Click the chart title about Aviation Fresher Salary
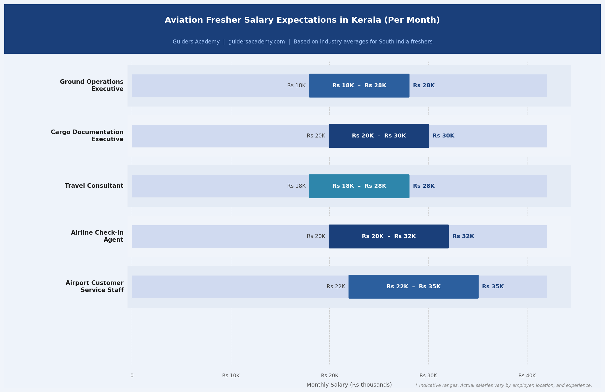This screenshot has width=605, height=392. tap(302, 20)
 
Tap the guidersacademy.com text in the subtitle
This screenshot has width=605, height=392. tap(256, 42)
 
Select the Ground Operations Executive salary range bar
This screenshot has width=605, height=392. tap(359, 86)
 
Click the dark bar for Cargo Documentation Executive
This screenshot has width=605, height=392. tap(379, 136)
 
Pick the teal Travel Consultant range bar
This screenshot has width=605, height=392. tap(359, 186)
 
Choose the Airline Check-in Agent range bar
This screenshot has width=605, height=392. tap(389, 236)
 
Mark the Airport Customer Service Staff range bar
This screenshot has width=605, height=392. tap(413, 287)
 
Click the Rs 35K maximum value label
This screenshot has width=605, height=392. tap(493, 287)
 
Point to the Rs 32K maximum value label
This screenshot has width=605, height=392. tap(463, 236)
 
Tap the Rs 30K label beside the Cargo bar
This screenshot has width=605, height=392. tap(443, 136)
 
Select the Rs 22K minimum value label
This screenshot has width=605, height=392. tap(336, 287)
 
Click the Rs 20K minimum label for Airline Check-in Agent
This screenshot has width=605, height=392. tap(316, 236)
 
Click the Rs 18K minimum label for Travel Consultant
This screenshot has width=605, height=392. tap(296, 186)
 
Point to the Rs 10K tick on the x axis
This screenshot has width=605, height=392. tap(231, 376)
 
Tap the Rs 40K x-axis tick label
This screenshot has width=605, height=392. tap(527, 376)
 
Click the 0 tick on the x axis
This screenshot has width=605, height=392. tap(132, 376)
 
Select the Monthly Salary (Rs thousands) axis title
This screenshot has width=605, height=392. tap(349, 385)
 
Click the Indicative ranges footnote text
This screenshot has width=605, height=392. tap(504, 385)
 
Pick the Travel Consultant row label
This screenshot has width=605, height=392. tap(94, 186)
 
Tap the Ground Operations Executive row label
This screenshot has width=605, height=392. tap(92, 86)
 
